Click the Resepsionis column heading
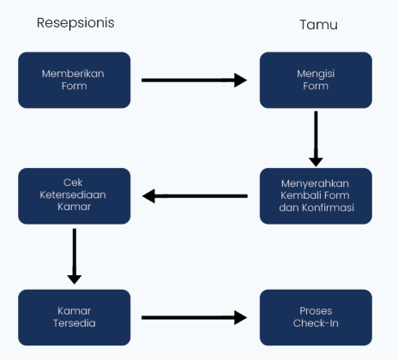[x=75, y=23]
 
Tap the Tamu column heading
[x=318, y=25]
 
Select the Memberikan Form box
[x=74, y=80]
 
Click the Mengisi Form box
[x=316, y=80]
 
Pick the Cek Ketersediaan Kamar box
[x=74, y=195]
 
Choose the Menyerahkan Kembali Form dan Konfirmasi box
[x=316, y=195]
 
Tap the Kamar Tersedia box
[x=74, y=317]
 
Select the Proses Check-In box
[x=316, y=317]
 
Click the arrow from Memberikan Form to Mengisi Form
[x=194, y=81]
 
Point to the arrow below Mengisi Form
[x=316, y=137]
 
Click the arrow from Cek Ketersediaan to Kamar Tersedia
[x=75, y=255]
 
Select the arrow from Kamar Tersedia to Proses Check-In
[x=194, y=318]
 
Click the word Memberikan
[x=74, y=74]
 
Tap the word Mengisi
[x=316, y=74]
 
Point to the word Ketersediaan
[x=74, y=195]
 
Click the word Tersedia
[x=74, y=324]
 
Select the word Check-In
[x=316, y=324]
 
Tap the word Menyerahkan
[x=316, y=183]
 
